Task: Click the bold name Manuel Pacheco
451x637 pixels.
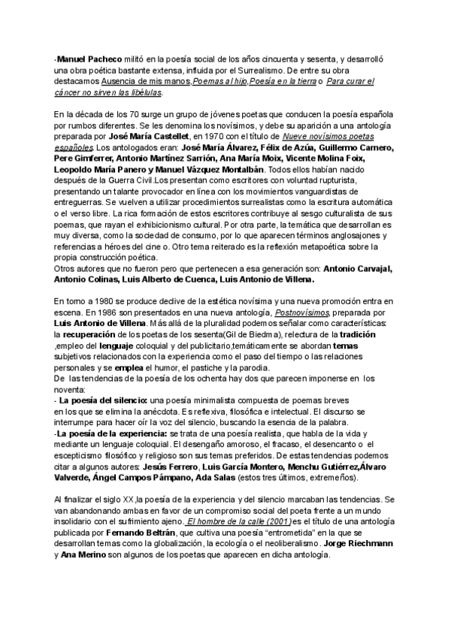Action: click(83, 57)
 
